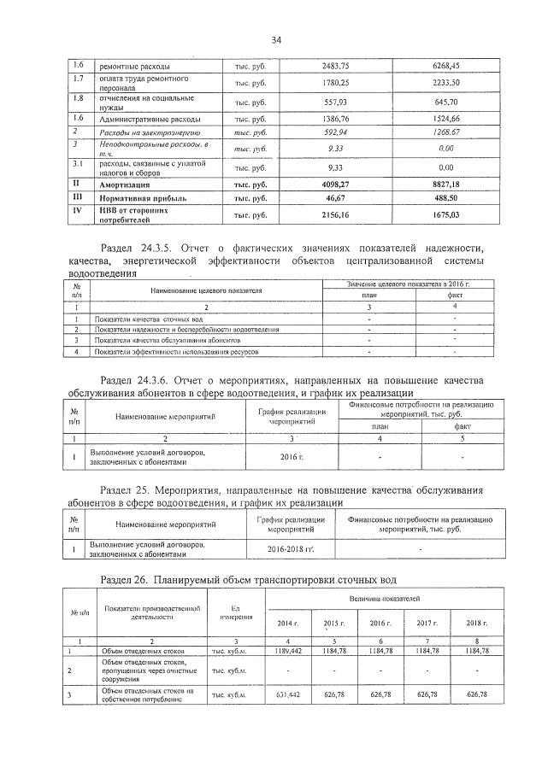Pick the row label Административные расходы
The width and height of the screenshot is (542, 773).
(x=150, y=119)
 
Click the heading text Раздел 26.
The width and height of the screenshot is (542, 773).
(x=125, y=581)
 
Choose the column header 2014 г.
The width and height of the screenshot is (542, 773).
(x=289, y=624)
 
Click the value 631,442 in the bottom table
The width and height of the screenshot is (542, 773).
(x=289, y=695)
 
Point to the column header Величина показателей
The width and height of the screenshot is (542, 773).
(x=383, y=603)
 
